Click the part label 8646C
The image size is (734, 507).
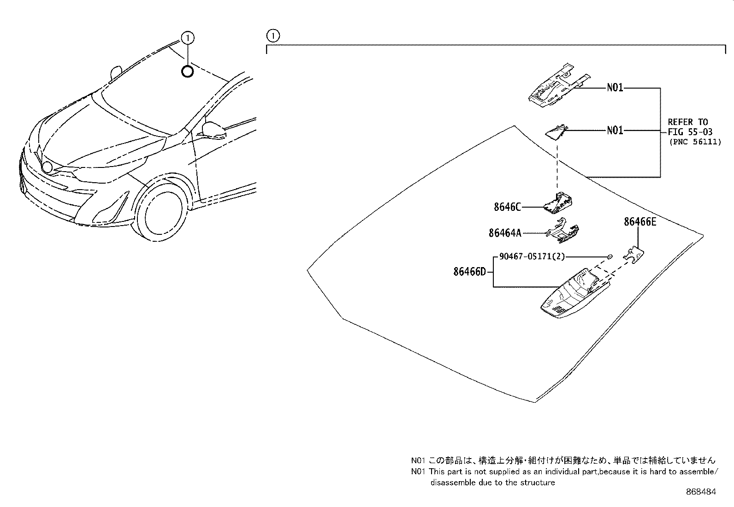(x=507, y=207)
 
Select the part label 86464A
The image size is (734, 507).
(x=504, y=233)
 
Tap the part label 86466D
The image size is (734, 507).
(x=469, y=272)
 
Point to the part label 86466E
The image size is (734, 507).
(x=640, y=222)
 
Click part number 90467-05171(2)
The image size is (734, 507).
(x=532, y=256)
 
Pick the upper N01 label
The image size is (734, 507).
(x=615, y=88)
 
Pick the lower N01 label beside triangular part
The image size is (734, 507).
(x=615, y=131)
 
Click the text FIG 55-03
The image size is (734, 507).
(x=690, y=132)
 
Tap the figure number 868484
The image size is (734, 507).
(x=701, y=492)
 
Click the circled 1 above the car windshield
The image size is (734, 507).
(x=188, y=37)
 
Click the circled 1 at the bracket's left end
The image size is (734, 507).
(x=273, y=35)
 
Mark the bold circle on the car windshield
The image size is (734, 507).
(x=187, y=72)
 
